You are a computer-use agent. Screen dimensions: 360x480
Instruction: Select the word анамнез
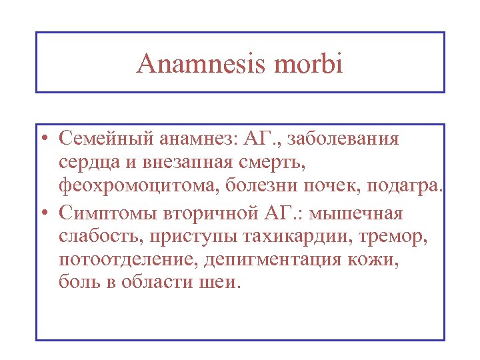(195, 139)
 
